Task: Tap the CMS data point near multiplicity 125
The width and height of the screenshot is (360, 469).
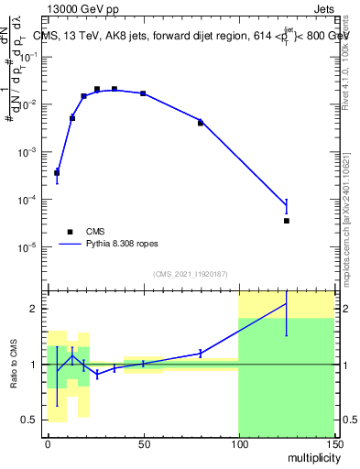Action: coord(287,221)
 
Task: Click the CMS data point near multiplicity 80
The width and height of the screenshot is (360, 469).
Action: coord(201,123)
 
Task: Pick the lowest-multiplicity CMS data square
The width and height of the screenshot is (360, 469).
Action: coord(57,172)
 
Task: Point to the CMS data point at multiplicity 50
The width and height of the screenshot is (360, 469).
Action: coord(143,93)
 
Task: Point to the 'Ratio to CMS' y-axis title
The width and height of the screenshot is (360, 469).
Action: coord(14,364)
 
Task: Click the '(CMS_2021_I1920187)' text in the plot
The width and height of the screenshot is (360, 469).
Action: coord(190,273)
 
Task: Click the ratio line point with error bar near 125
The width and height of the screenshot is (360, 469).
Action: coord(287,303)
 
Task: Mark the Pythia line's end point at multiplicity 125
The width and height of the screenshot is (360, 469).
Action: coord(287,205)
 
